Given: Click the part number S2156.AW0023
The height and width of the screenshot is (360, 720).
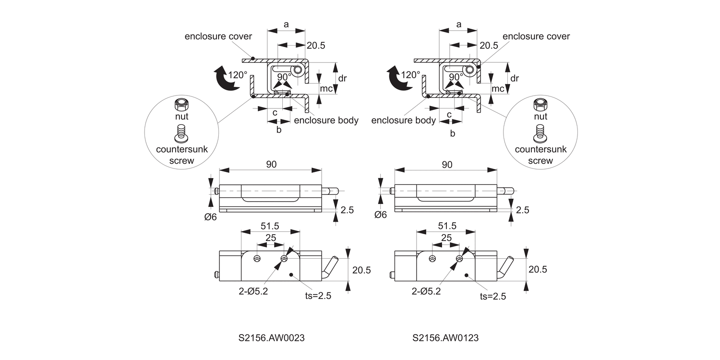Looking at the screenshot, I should pyautogui.click(x=271, y=338).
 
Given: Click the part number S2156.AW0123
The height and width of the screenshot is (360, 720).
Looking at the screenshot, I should pyautogui.click(x=445, y=338).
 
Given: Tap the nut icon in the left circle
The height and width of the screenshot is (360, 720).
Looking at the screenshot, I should pyautogui.click(x=181, y=104).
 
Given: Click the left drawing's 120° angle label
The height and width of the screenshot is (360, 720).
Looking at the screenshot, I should pyautogui.click(x=238, y=75).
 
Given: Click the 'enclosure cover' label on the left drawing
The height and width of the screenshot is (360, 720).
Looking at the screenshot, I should pyautogui.click(x=218, y=36).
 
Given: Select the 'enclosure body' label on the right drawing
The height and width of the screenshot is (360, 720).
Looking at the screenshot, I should pyautogui.click(x=404, y=120).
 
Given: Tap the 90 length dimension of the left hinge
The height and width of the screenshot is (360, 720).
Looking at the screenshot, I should pyautogui.click(x=271, y=164).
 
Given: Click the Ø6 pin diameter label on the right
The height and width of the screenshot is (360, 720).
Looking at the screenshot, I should pyautogui.click(x=380, y=215).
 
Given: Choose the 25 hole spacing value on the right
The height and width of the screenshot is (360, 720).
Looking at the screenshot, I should pyautogui.click(x=446, y=238).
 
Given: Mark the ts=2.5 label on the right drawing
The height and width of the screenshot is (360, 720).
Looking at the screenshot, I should pyautogui.click(x=493, y=296).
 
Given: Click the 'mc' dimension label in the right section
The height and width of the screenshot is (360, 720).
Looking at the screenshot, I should pyautogui.click(x=498, y=88).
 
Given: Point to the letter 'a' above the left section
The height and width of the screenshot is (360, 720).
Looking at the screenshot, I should pyautogui.click(x=286, y=24).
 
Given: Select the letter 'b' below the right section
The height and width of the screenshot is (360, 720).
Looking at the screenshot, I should pyautogui.click(x=452, y=133).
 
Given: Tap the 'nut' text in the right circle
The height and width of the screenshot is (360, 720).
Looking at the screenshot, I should pyautogui.click(x=540, y=116).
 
